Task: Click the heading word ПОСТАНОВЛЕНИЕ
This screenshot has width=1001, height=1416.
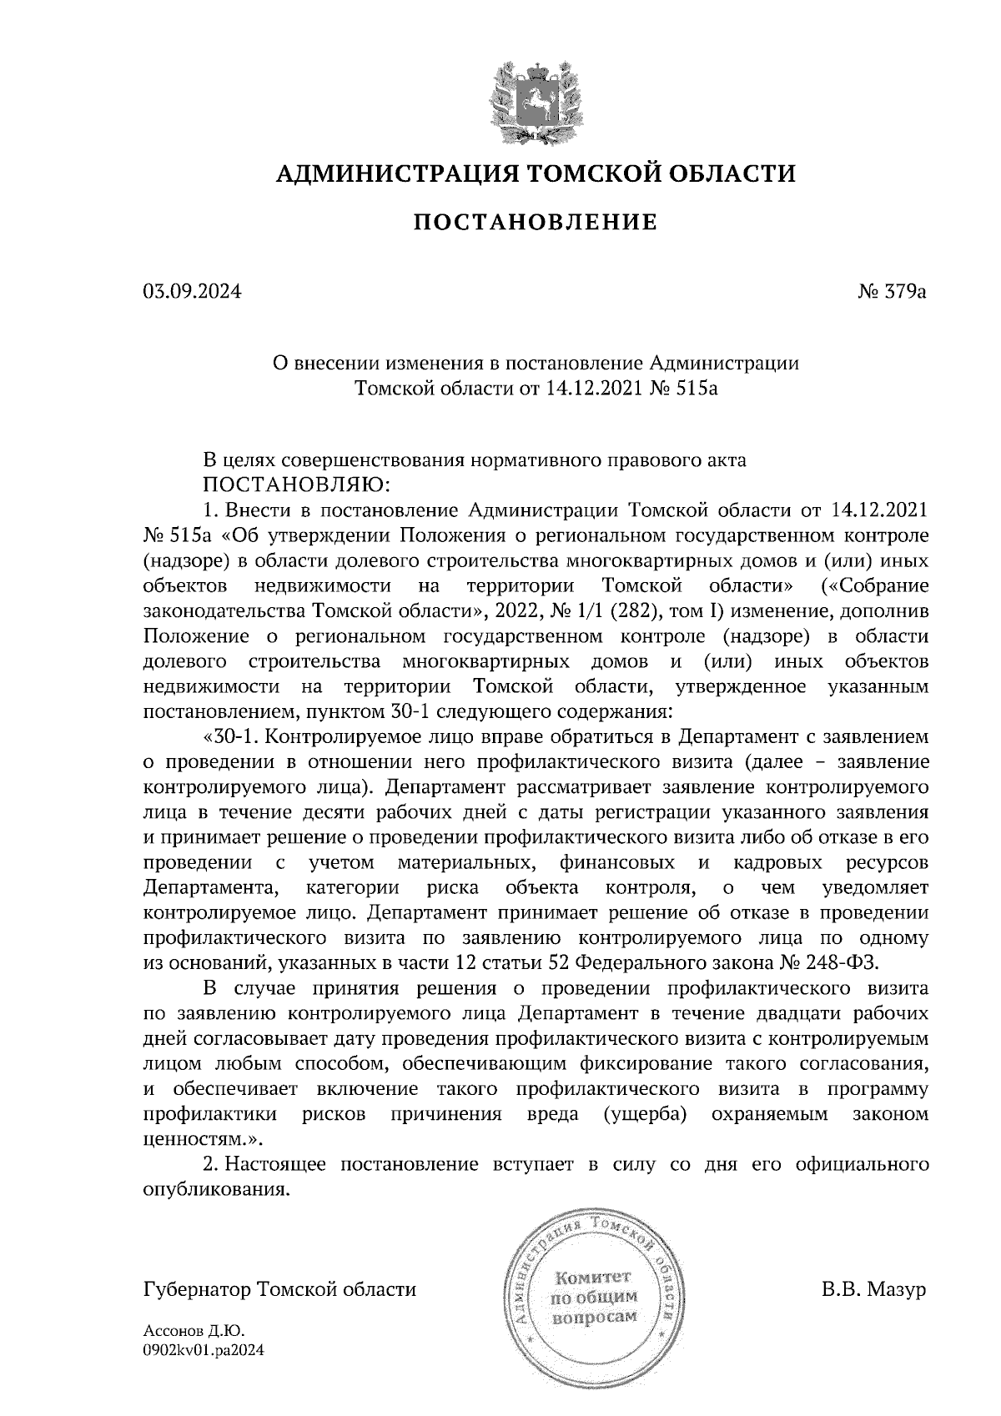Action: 536,223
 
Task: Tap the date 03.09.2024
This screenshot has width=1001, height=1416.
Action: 193,292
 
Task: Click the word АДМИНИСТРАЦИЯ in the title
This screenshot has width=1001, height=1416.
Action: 389,173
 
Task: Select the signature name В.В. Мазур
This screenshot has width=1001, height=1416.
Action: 873,1290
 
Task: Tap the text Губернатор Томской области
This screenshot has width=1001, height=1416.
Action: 280,1290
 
